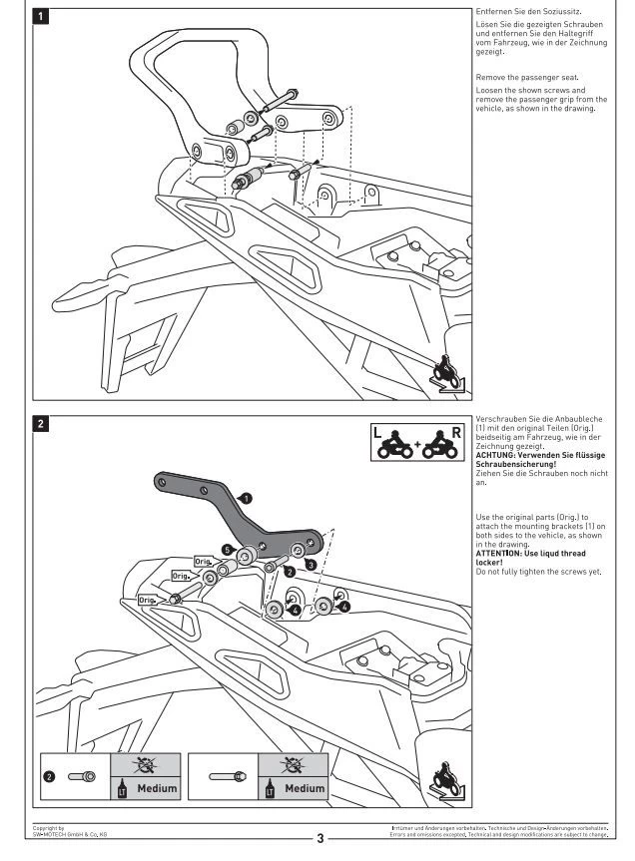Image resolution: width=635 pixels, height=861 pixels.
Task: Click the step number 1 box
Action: (x=40, y=17)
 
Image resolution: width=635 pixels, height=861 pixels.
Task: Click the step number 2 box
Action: (x=40, y=423)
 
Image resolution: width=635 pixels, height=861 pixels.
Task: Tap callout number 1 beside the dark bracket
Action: (x=246, y=497)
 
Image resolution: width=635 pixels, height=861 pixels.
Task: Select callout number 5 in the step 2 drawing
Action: (x=228, y=550)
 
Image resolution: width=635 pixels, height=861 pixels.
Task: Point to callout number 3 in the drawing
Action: (x=311, y=564)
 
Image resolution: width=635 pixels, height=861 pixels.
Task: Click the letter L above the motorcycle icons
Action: (x=376, y=434)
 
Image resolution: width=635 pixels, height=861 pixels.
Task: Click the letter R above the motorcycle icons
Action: (x=455, y=434)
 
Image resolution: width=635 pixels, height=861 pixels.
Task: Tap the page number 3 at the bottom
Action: (x=319, y=839)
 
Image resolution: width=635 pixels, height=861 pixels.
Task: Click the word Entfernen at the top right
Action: (x=495, y=12)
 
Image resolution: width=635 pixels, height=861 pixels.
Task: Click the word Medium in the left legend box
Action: (x=157, y=788)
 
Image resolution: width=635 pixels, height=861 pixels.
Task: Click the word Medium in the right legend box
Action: (x=305, y=788)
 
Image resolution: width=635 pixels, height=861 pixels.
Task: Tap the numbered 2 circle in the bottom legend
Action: (x=49, y=776)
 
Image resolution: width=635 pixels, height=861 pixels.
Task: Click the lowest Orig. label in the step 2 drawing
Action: (x=147, y=600)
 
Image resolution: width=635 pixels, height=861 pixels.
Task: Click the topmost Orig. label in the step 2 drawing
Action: (x=202, y=563)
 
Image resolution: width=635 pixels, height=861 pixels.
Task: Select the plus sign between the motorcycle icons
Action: (x=416, y=447)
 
